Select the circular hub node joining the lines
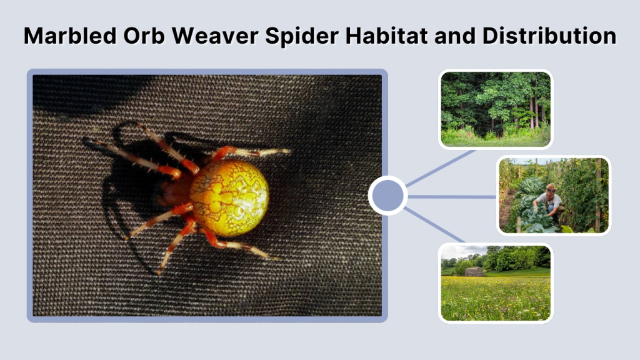387,196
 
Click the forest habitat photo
496,109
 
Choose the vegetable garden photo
554,195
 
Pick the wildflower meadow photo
496,282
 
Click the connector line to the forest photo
440,167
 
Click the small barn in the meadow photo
474,271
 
